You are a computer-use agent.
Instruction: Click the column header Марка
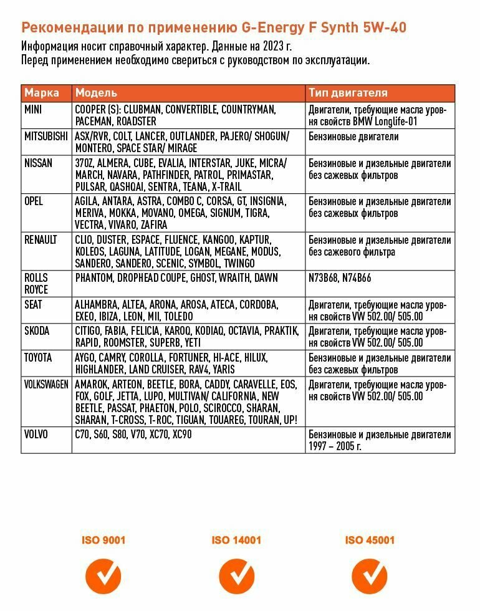[x=42, y=93]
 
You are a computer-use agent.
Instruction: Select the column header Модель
[x=96, y=93]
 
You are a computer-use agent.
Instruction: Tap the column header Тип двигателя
[x=348, y=93]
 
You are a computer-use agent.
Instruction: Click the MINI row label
[x=34, y=109]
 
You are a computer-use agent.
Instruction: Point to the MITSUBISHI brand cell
[x=46, y=136]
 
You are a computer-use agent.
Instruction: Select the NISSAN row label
[x=38, y=163]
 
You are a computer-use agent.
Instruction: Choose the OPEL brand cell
[x=34, y=201]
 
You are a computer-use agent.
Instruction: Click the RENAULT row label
[x=41, y=240]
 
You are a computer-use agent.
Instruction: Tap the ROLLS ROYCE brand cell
[x=36, y=284]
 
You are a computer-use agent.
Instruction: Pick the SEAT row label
[x=34, y=304]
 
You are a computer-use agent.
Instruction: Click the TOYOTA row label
[x=38, y=358]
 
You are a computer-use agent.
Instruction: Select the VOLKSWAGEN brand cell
[x=46, y=385]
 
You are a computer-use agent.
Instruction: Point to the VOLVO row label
[x=36, y=435]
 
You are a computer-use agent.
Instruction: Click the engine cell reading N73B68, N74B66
[x=340, y=278]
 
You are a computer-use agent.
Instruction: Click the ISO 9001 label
[x=103, y=540]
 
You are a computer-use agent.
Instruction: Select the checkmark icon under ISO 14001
[x=236, y=576]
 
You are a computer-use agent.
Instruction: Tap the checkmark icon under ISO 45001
[x=370, y=576]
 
